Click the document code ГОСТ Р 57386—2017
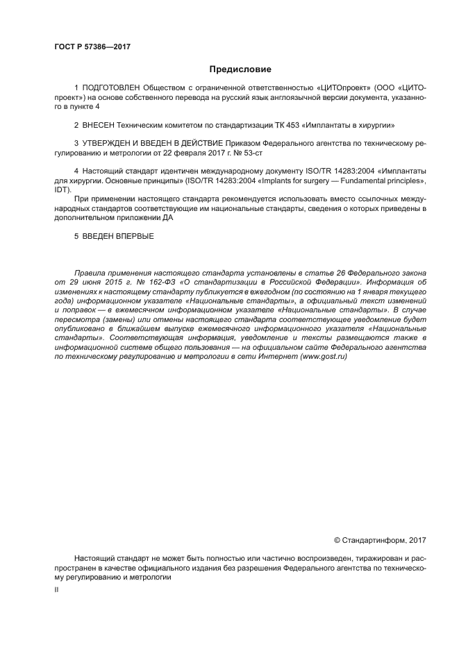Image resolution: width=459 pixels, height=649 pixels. (92, 47)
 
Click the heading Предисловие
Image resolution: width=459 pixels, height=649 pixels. (240, 69)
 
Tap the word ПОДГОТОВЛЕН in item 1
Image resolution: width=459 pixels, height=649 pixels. (110, 90)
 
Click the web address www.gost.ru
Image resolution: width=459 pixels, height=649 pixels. (324, 355)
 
